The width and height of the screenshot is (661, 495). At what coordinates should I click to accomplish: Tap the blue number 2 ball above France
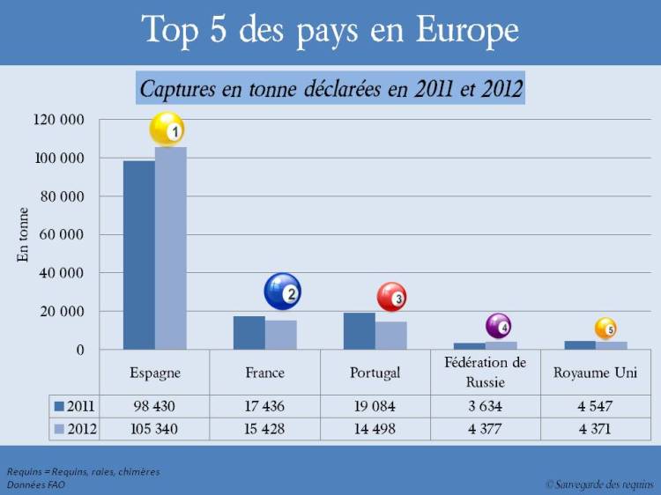pyautogui.click(x=282, y=292)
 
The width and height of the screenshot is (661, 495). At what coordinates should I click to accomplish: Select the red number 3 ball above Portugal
pyautogui.click(x=391, y=298)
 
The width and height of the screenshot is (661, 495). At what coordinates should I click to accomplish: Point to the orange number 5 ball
pyautogui.click(x=605, y=329)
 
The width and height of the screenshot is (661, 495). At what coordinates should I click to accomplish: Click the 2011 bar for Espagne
pyautogui.click(x=139, y=255)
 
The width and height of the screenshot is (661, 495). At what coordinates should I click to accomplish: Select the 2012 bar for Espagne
pyautogui.click(x=171, y=251)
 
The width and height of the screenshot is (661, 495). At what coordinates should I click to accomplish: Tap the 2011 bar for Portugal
pyautogui.click(x=359, y=331)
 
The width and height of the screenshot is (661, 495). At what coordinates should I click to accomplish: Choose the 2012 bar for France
pyautogui.click(x=281, y=335)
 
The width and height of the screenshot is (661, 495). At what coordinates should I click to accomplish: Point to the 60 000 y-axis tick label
pyautogui.click(x=63, y=235)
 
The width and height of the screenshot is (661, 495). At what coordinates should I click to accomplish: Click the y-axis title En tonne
pyautogui.click(x=24, y=234)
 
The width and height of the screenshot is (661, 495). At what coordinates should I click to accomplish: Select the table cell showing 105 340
pyautogui.click(x=154, y=429)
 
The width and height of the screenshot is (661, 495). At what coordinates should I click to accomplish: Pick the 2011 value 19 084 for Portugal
pyautogui.click(x=375, y=406)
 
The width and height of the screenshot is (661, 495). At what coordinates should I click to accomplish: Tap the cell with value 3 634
pyautogui.click(x=485, y=406)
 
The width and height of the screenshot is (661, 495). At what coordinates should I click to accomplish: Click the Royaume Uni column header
pyautogui.click(x=595, y=373)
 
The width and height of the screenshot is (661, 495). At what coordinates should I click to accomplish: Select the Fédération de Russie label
pyautogui.click(x=485, y=372)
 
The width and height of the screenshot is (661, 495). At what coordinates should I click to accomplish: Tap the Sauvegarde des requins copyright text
pyautogui.click(x=598, y=484)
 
